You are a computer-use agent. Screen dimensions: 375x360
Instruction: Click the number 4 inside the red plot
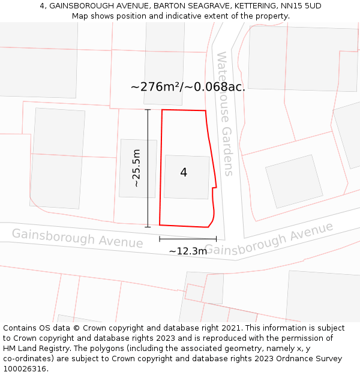tap(184, 173)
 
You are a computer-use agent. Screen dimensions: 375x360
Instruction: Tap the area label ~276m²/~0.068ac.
tap(188, 87)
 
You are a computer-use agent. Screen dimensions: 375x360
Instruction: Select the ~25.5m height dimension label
tap(136, 168)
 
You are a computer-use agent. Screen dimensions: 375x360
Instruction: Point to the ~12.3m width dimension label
tap(188, 251)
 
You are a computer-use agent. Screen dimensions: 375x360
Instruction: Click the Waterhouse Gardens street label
tap(224, 113)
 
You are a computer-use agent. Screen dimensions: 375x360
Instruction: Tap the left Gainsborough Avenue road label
tap(77, 238)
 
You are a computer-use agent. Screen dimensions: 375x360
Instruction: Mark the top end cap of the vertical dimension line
tap(148, 110)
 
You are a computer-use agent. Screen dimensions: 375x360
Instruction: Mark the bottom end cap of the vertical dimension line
tap(148, 227)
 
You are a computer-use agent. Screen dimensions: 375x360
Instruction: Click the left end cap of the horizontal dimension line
tap(160, 239)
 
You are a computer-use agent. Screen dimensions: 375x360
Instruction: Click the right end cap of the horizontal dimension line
tap(216, 239)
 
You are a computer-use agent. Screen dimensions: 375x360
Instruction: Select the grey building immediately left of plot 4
tap(138, 168)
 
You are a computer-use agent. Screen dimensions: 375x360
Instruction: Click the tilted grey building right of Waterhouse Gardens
tap(294, 181)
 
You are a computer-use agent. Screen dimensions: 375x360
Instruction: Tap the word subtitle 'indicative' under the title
tap(168, 16)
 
